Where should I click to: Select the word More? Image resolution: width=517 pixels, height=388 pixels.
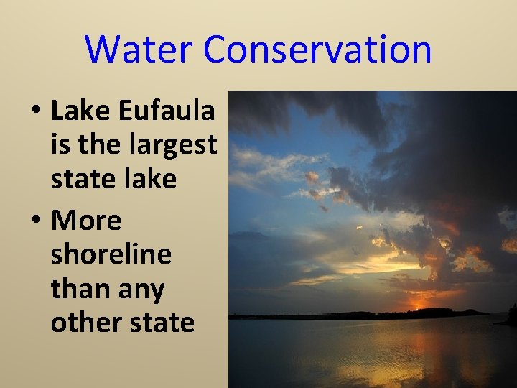click(x=86, y=221)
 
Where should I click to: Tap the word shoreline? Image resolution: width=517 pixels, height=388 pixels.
click(x=111, y=254)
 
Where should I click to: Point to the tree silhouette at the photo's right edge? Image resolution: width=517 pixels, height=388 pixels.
click(x=511, y=315)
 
